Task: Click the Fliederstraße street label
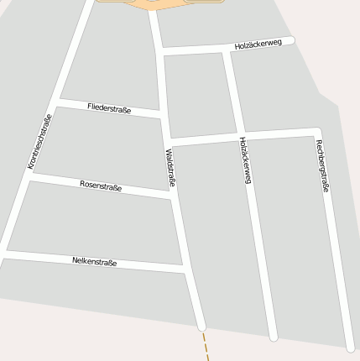tap(109, 107)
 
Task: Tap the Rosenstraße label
tap(101, 186)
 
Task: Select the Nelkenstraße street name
tap(95, 262)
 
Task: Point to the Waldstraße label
tap(170, 168)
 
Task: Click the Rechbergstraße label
tap(322, 166)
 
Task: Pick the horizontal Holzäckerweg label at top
tap(258, 44)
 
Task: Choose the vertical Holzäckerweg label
tap(245, 160)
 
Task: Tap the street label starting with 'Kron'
tap(39, 141)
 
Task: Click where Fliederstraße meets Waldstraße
tap(163, 114)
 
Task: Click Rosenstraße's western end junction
tap(29, 176)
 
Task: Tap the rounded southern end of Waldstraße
tap(201, 326)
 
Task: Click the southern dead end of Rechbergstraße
tap(350, 348)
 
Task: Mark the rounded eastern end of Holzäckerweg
tap(290, 40)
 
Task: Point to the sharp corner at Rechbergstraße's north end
tap(316, 131)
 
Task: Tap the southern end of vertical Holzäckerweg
tap(273, 337)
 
